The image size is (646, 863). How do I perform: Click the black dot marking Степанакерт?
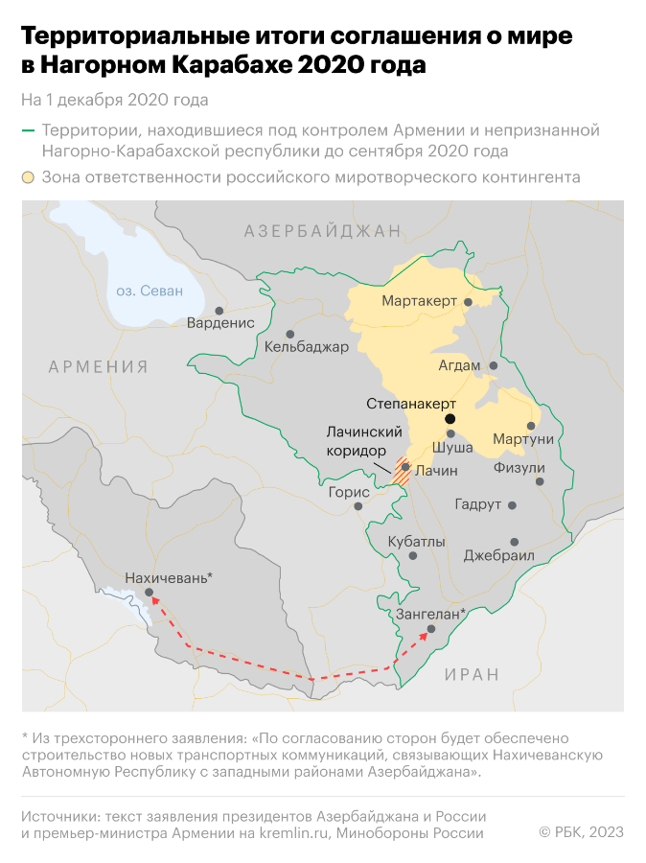tap(450, 419)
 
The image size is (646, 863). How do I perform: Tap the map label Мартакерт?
tap(419, 302)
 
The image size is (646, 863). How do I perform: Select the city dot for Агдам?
tap(494, 365)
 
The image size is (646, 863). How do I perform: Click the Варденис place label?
tap(220, 323)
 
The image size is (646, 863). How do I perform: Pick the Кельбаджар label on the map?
tap(307, 347)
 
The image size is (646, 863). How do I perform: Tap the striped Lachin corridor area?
tap(403, 471)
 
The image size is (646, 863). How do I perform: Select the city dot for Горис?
tap(358, 505)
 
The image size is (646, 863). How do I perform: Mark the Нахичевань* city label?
tap(169, 577)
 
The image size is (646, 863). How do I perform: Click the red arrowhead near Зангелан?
tap(426, 636)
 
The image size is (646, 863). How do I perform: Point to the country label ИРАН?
tap(472, 675)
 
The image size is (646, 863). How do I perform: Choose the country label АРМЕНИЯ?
tap(99, 367)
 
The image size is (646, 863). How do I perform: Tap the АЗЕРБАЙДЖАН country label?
tap(322, 231)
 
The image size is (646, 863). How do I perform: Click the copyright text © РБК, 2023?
tap(581, 832)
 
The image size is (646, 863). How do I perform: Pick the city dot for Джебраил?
tap(515, 542)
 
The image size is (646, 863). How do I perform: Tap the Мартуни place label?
tap(523, 439)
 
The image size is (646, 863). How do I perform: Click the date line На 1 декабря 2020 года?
tap(114, 100)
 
